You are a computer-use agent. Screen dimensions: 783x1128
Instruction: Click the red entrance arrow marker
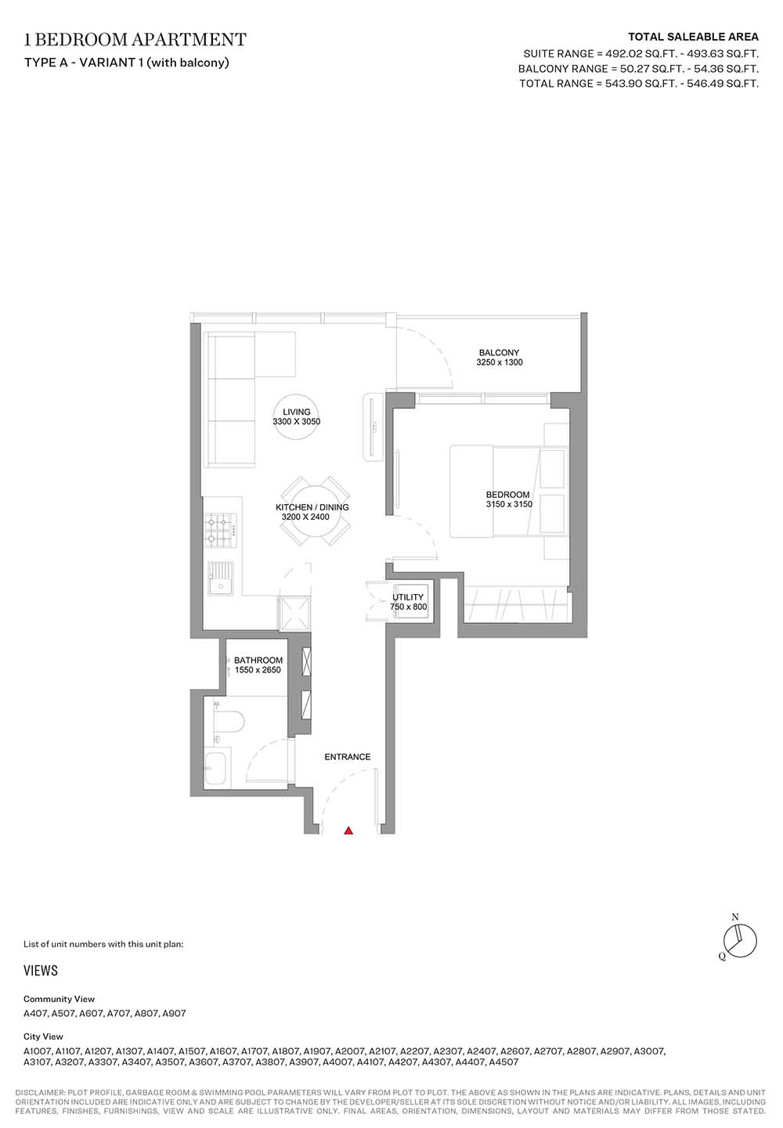click(348, 831)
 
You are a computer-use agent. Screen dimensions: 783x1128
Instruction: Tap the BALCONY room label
click(499, 352)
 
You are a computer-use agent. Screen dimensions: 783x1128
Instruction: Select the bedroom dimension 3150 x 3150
click(509, 504)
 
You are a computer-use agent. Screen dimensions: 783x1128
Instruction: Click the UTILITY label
click(408, 597)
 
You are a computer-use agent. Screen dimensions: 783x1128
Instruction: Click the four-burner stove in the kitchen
click(221, 531)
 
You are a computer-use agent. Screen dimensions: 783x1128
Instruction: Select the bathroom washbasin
click(218, 769)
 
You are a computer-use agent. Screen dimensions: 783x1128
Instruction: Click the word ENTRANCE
click(347, 756)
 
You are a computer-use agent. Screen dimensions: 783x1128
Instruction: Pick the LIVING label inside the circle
click(296, 412)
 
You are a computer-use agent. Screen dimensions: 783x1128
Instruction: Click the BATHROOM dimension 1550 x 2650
click(258, 670)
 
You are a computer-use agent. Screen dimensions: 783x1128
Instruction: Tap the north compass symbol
click(739, 939)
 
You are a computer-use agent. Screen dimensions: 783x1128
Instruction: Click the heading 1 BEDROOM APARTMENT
click(135, 39)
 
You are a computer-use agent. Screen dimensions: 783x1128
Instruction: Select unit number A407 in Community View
click(35, 1013)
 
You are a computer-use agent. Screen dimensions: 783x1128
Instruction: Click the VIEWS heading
click(41, 971)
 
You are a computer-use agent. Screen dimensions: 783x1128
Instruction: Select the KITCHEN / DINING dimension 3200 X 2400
click(305, 517)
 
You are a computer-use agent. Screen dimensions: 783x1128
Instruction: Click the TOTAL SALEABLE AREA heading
click(693, 37)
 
